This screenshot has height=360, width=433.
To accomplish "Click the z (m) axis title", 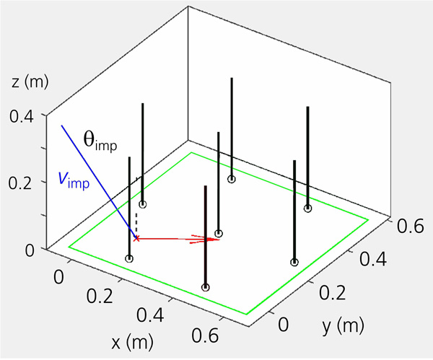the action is [30, 82].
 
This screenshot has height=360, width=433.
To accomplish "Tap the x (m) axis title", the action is [132, 343].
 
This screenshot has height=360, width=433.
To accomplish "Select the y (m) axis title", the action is [343, 325].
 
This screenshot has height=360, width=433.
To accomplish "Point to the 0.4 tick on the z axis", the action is [22, 116].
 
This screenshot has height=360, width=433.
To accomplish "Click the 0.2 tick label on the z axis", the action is [21, 183].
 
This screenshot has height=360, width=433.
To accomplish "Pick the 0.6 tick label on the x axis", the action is [205, 335].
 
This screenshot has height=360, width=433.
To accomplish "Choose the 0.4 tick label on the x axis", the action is [151, 315].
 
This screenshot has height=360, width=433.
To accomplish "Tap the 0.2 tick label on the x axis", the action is [100, 296].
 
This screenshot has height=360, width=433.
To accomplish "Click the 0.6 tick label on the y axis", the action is [411, 226].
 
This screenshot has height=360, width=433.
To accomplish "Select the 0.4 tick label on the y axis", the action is [373, 259].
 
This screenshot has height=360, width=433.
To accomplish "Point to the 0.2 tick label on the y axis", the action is [333, 292].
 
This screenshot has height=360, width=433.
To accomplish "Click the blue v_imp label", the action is [74, 180].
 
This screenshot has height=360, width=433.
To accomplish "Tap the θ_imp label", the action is [100, 142].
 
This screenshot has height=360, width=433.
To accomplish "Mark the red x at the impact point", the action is [136, 238].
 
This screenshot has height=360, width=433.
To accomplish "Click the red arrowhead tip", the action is [219, 240].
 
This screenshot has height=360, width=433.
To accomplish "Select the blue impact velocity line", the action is [99, 182].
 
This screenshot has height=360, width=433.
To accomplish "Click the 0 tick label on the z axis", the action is [30, 251].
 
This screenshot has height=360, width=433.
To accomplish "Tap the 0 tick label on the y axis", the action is [284, 324].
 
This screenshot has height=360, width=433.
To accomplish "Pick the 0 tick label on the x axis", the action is [59, 277].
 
